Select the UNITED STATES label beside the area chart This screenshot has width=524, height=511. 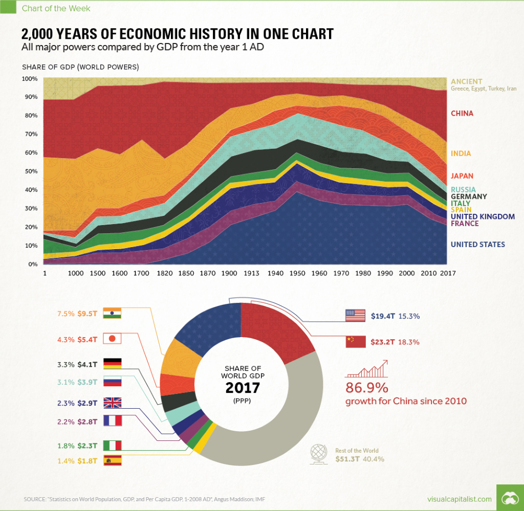(x=477, y=245)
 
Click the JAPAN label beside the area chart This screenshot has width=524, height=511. (x=462, y=175)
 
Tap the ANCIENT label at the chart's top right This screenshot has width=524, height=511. (x=466, y=81)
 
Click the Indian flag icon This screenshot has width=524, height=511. (x=112, y=314)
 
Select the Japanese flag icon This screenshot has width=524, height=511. (x=112, y=339)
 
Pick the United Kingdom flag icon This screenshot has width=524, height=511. (x=112, y=403)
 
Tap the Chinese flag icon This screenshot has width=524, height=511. (x=355, y=341)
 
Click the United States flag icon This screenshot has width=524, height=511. (x=355, y=316)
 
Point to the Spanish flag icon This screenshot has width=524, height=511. (x=112, y=460)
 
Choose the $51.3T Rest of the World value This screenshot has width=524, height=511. (x=348, y=459)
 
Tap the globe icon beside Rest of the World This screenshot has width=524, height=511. (x=320, y=454)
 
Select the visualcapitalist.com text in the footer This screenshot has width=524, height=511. (x=459, y=499)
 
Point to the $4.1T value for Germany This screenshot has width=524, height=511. (x=89, y=364)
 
